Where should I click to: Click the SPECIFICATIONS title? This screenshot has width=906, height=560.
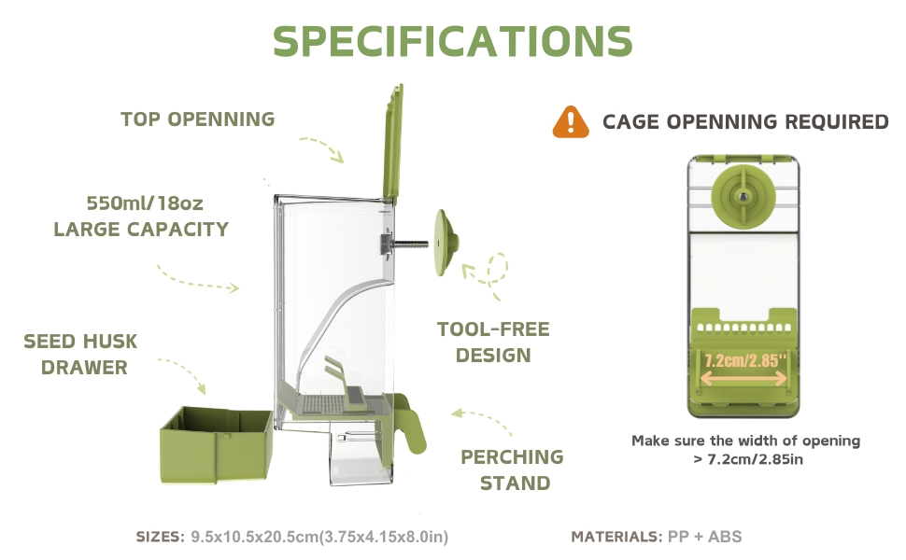453,41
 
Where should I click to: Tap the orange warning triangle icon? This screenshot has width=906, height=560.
571,121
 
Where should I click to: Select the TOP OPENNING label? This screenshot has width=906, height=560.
198,119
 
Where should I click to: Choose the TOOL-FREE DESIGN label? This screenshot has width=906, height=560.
493,342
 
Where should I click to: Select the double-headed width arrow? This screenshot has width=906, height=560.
743,378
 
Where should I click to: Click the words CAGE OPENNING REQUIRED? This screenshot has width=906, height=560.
745,121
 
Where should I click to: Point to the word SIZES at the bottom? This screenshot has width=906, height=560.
161,537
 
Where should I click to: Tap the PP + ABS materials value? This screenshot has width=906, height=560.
705,537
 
